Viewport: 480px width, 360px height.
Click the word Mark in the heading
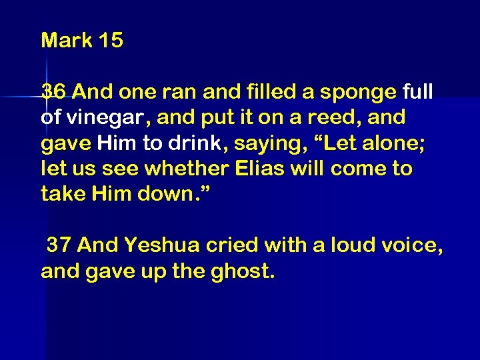67,41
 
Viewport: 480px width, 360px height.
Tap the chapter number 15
110,41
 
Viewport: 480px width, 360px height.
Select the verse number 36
53,91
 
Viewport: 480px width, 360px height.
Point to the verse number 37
59,246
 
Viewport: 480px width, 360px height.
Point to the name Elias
261,169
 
